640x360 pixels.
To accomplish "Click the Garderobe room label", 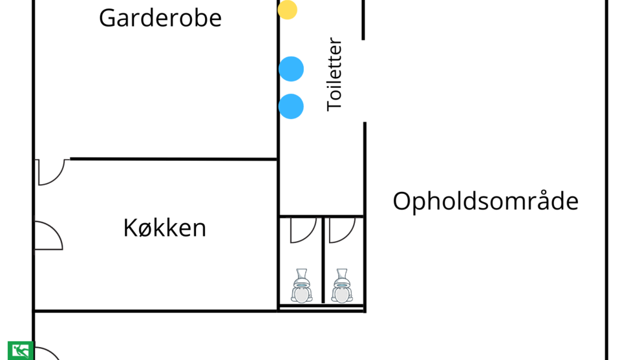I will [160, 18].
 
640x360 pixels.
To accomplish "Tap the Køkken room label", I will [165, 228].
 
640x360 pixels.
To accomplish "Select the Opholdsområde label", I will [485, 202].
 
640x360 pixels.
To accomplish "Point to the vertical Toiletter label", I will [334, 75].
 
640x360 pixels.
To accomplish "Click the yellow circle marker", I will [288, 10].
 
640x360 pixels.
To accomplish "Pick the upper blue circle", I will [291, 69].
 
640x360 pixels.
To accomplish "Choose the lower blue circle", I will [291, 107].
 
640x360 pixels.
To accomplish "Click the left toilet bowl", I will [301, 286].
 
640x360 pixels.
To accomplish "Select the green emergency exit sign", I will [20, 350].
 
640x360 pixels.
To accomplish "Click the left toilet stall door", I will [303, 230].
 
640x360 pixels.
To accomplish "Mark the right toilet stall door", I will [341, 230].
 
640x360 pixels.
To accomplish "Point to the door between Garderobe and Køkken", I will [52, 171].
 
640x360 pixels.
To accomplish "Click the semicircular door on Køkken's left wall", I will [48, 237].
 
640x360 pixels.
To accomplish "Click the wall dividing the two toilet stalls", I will [322, 259].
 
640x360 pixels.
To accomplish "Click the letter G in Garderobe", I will [108, 18].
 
